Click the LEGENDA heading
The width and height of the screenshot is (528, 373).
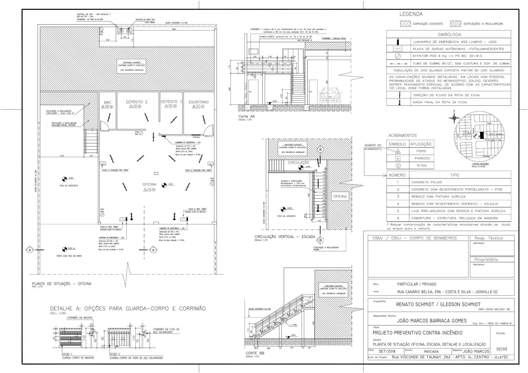411,14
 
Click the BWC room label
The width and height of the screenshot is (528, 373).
107,103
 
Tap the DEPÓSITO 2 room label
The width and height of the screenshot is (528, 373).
137,102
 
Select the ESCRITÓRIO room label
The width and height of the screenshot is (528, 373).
199,102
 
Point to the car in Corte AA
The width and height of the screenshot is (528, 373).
330,95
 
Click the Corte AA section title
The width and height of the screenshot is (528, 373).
246,116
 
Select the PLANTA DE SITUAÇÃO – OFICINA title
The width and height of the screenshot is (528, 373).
62,284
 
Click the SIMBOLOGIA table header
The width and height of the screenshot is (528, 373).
449,34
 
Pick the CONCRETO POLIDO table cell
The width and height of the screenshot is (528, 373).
427,182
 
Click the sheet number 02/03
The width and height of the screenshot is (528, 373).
502,349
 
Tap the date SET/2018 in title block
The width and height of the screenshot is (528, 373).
387,351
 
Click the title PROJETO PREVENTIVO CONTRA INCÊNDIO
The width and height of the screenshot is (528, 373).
417,333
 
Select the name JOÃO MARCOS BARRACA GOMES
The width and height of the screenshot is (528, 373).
432,321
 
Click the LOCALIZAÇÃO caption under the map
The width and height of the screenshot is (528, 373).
480,164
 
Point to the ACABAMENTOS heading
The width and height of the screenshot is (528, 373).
402,135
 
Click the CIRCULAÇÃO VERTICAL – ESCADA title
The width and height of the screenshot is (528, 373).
285,237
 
